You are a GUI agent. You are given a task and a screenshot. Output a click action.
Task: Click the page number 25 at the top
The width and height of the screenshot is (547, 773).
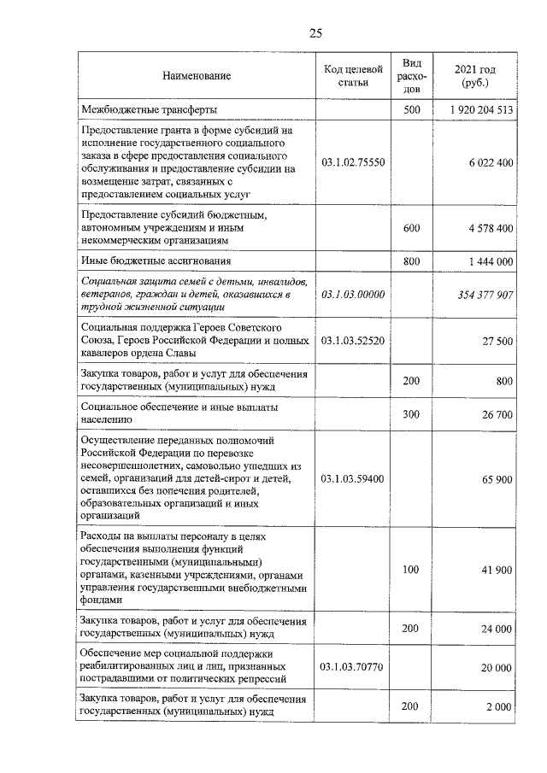coord(315,33)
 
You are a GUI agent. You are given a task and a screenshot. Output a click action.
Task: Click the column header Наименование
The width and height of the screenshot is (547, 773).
coord(197,77)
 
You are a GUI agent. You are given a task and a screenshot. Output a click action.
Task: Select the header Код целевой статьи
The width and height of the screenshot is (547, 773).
coord(353,76)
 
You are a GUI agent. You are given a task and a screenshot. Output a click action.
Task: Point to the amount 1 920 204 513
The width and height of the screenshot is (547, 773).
coord(479,110)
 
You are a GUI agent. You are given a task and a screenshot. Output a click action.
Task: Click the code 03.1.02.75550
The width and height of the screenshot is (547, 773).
coord(353,162)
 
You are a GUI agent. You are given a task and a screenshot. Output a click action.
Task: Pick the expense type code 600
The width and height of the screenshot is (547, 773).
coord(411,228)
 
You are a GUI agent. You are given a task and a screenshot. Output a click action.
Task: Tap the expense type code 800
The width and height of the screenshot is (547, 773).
coord(411,261)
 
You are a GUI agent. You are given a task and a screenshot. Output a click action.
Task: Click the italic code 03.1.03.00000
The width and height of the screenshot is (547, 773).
coord(353,294)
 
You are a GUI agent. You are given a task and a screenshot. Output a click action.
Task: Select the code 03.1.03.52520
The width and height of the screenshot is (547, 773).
coord(353,340)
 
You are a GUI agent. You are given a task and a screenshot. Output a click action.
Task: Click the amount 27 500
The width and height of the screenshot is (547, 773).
coord(497,340)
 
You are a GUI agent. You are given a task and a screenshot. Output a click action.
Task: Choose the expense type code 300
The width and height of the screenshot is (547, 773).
coord(411,413)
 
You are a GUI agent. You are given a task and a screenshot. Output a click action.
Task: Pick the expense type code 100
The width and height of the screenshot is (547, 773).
coord(411,569)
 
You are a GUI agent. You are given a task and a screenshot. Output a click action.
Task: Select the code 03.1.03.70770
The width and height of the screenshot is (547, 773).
coord(353,666)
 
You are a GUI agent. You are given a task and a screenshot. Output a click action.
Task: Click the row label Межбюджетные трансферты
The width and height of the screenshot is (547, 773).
coord(149,110)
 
